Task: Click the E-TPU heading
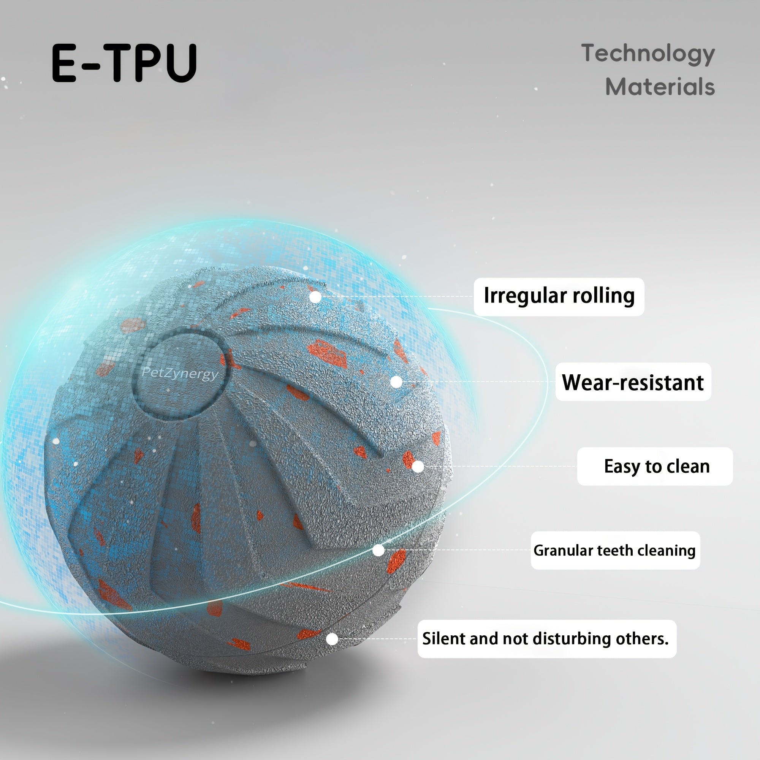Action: (124, 63)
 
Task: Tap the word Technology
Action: (648, 54)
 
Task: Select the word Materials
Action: (660, 87)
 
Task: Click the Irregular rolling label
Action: (559, 296)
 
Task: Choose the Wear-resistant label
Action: (633, 382)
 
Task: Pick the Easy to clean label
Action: (655, 467)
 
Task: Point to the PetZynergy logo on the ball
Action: (180, 373)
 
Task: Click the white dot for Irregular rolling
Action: (315, 297)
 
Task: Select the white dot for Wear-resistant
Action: (396, 382)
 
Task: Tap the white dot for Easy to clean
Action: (418, 467)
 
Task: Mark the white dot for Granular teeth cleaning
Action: (378, 550)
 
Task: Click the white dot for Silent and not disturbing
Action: (332, 639)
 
